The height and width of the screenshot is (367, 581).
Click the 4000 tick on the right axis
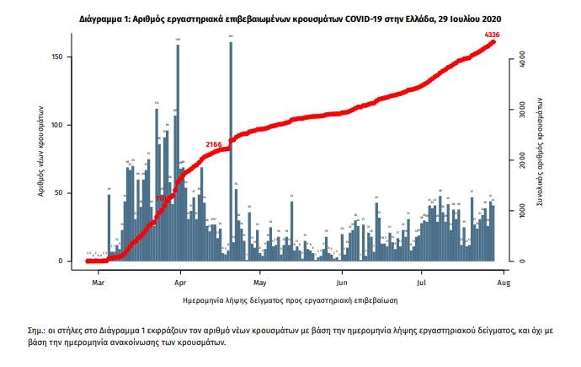(523, 60)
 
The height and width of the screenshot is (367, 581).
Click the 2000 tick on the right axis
(523, 160)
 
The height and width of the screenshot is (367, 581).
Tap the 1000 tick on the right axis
(523, 210)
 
